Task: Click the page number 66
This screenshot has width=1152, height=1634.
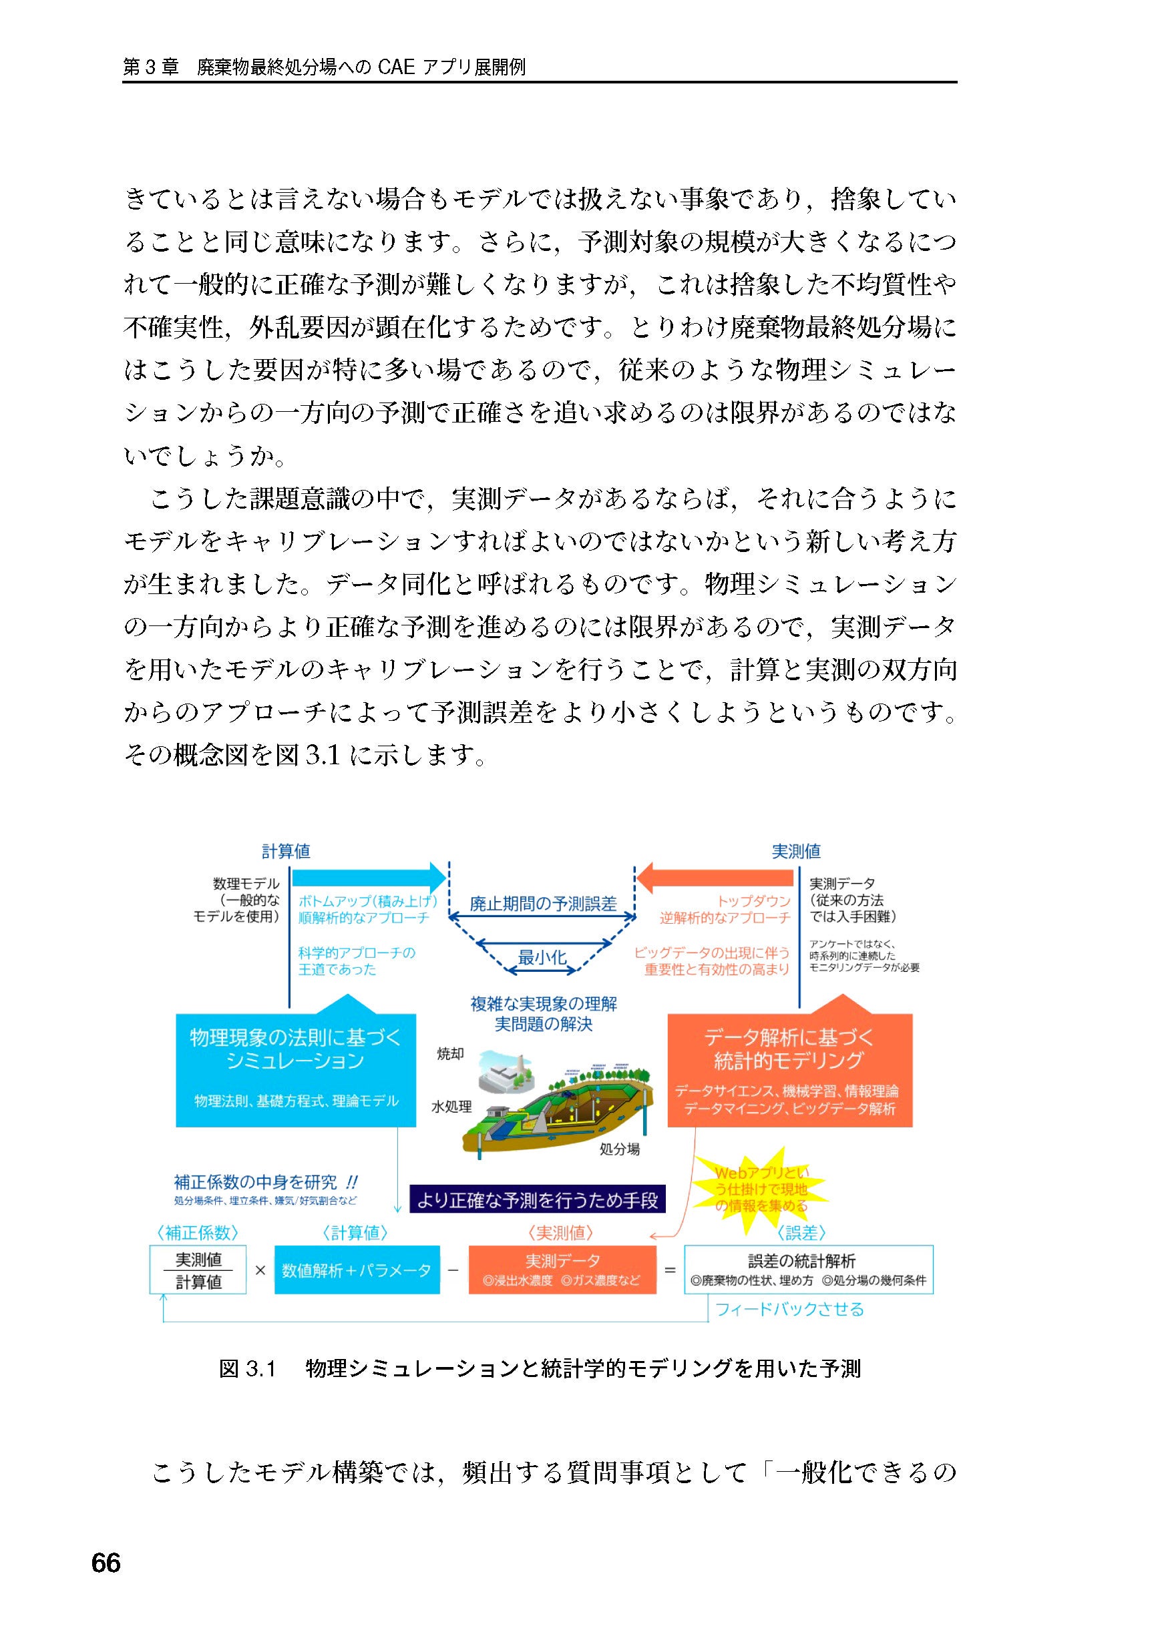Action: [106, 1563]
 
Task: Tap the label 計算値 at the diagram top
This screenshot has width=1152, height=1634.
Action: [286, 851]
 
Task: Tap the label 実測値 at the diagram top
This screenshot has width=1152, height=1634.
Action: [796, 851]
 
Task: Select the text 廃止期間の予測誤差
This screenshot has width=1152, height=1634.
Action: [542, 904]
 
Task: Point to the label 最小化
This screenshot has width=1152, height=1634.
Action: [542, 957]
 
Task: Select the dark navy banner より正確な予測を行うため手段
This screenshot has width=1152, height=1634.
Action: [538, 1201]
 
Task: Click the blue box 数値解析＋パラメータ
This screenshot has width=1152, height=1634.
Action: [356, 1270]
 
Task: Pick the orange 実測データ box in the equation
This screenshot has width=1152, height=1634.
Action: [562, 1270]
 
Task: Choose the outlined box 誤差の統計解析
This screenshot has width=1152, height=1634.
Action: [808, 1270]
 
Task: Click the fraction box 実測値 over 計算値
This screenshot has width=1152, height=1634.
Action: [198, 1270]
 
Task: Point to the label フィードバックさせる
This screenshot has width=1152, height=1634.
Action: [789, 1309]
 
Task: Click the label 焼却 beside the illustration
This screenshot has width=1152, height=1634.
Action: [450, 1054]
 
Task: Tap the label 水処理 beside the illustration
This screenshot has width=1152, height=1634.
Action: [451, 1107]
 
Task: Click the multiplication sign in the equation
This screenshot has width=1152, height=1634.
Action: [260, 1270]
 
